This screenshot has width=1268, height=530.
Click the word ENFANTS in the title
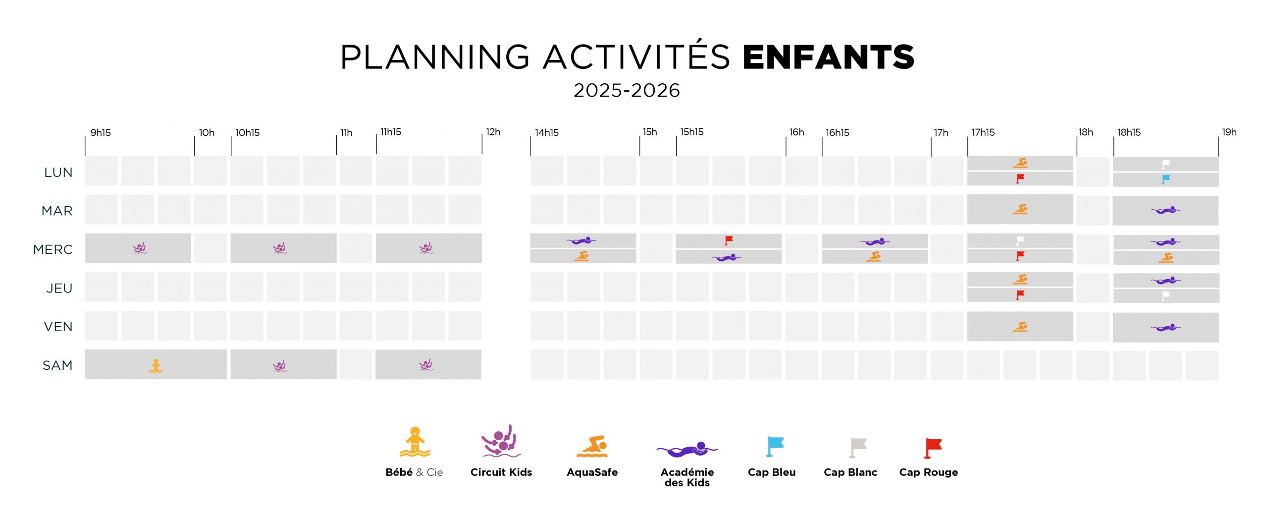click(828, 57)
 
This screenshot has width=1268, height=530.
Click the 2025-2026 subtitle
click(627, 90)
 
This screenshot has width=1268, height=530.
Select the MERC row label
click(53, 249)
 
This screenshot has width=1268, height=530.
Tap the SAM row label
click(57, 365)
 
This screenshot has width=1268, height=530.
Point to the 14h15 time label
click(546, 132)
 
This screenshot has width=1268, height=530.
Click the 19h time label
click(1229, 132)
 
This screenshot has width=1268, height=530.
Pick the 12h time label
click(493, 132)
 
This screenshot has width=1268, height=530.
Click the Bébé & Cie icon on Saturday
click(156, 366)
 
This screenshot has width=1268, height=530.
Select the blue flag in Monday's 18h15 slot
click(1166, 179)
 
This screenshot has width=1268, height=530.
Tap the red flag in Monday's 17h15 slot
click(1020, 178)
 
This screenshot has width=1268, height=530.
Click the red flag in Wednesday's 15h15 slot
click(729, 240)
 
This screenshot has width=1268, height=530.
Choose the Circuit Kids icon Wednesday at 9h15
click(140, 248)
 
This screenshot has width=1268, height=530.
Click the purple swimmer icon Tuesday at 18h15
click(1165, 210)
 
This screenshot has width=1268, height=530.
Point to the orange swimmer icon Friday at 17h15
click(1020, 327)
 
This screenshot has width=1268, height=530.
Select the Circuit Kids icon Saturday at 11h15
click(426, 365)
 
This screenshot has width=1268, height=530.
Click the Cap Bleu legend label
click(771, 472)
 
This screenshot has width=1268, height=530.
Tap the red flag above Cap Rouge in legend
click(933, 448)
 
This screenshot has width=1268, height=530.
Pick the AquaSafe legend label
click(592, 472)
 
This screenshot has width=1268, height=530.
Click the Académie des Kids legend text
click(687, 477)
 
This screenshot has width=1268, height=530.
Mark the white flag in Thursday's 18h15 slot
click(1166, 296)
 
